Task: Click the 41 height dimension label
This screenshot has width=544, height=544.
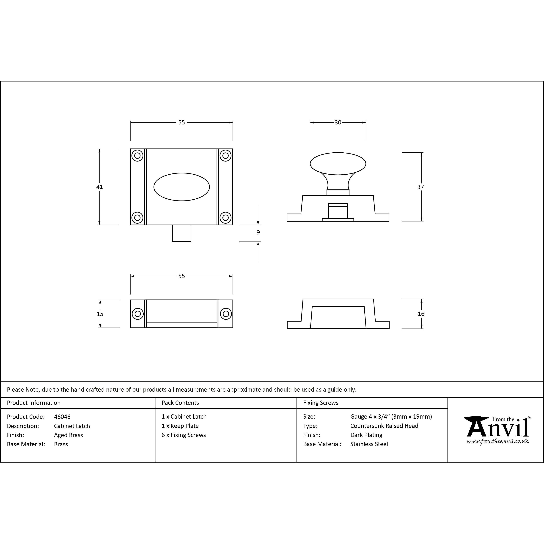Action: pos(99,187)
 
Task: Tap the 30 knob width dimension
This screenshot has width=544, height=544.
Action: pos(338,122)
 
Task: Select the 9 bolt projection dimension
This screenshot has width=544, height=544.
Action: pos(258,232)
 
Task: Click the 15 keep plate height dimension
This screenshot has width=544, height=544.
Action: pos(100,314)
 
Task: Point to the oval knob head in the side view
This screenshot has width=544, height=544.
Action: pos(338,164)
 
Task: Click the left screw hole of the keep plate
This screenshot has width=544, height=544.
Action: pos(138,314)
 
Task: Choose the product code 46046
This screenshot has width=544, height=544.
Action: pos(62,416)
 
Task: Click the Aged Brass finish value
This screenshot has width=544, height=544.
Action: pos(68,435)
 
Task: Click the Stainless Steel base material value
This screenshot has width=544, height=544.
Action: pos(369,444)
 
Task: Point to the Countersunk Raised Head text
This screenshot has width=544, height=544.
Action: pos(384,426)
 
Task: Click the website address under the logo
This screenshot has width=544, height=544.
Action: pos(497,441)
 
